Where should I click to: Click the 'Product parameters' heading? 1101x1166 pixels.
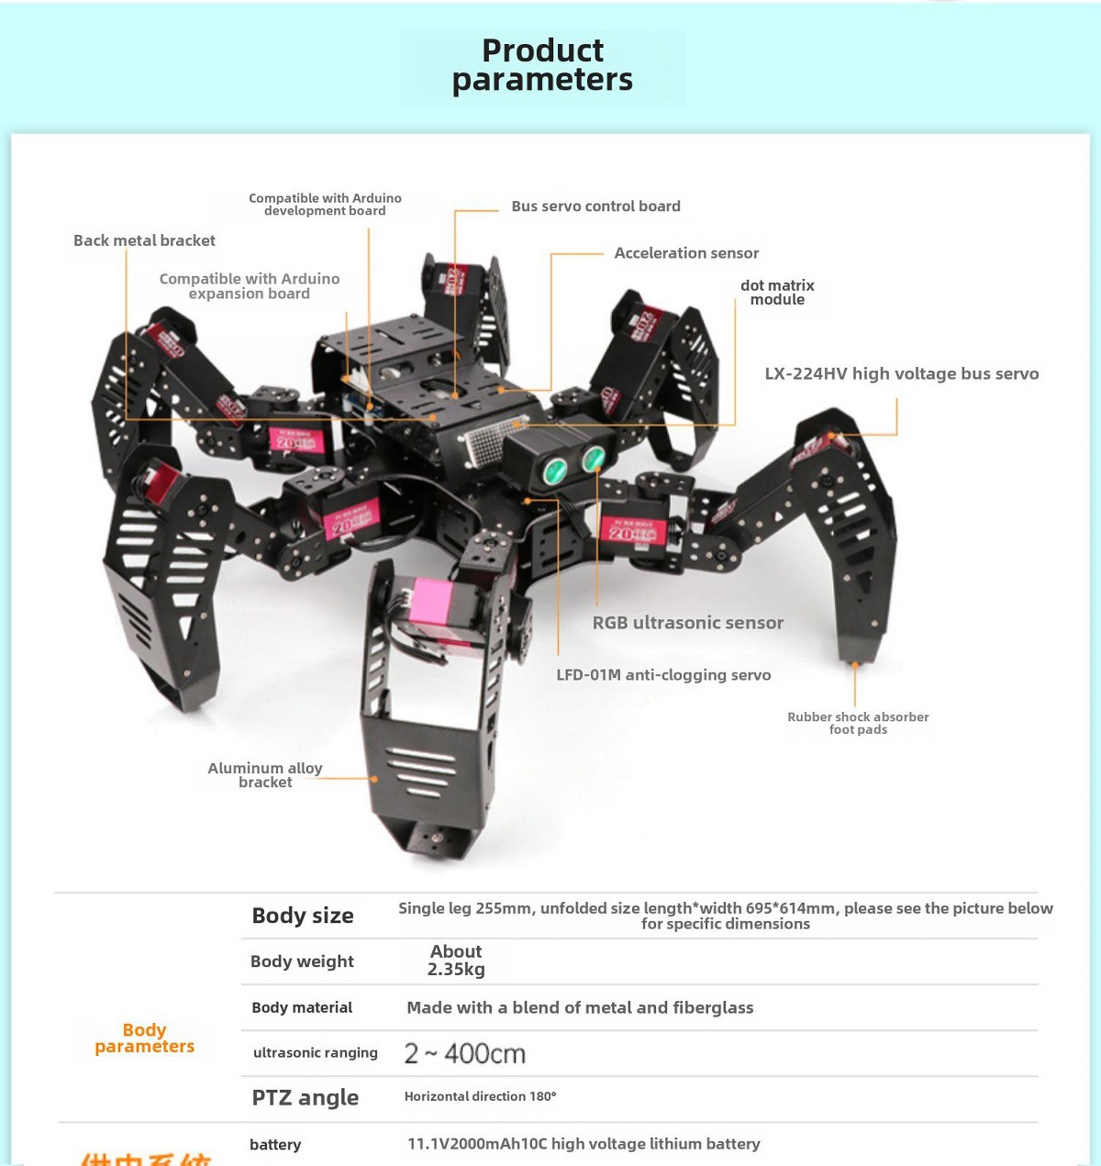[x=542, y=65]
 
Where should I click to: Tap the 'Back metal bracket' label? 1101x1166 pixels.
[x=144, y=240]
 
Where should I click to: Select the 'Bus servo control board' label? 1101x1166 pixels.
[x=595, y=206]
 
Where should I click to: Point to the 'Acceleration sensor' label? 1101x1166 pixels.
[x=686, y=253]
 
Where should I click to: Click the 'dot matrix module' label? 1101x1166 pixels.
[x=777, y=293]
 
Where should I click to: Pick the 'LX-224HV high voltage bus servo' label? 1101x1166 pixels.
[x=901, y=373]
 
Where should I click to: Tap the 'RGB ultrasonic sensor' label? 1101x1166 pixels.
[x=687, y=623]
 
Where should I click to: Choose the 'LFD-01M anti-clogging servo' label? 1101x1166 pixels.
[x=663, y=675]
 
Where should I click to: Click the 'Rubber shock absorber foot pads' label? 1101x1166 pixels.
[x=858, y=723]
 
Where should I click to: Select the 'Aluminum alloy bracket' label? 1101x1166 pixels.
[x=265, y=775]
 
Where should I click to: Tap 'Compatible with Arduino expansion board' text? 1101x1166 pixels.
[x=250, y=286]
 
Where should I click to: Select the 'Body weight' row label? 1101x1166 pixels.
[x=302, y=961]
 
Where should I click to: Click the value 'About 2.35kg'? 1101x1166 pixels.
[x=456, y=961]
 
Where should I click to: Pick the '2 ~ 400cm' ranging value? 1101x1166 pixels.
[x=465, y=1054]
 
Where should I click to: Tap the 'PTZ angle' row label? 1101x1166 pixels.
[x=305, y=1098]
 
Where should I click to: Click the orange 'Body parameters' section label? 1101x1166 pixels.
[x=144, y=1038]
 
